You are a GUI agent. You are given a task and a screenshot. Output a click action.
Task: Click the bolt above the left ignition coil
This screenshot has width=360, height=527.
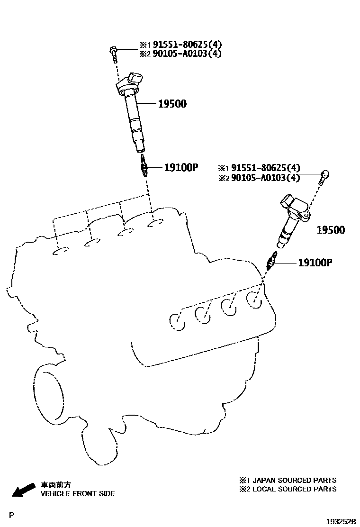point(113,54)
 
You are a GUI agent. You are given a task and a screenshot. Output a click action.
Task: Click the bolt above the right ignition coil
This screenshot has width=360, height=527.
point(324,177)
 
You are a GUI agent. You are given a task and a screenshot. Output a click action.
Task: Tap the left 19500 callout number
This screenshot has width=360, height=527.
point(172,104)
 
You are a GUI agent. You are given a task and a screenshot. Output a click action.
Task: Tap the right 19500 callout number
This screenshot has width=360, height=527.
point(331,230)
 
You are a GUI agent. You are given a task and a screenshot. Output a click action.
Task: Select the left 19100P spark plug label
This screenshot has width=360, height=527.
point(181,167)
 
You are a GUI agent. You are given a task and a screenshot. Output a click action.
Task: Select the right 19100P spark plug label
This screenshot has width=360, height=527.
point(315,263)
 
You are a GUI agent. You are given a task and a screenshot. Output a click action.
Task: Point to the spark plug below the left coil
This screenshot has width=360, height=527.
point(144,165)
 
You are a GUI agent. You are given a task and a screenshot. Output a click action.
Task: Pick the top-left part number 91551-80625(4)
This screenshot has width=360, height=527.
point(188,45)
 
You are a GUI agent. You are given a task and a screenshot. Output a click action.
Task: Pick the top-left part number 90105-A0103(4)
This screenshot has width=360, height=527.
point(188,54)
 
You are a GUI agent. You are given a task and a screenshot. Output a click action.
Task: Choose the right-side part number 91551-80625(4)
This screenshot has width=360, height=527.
point(266,168)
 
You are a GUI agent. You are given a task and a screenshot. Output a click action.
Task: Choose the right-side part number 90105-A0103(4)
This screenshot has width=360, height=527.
point(266,177)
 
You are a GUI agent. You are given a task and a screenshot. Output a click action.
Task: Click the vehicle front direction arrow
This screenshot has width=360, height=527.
point(23,490)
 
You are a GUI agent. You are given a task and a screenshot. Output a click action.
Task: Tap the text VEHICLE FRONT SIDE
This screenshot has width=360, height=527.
point(78,494)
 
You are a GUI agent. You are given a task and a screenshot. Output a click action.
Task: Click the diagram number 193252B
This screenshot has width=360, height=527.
point(341,521)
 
